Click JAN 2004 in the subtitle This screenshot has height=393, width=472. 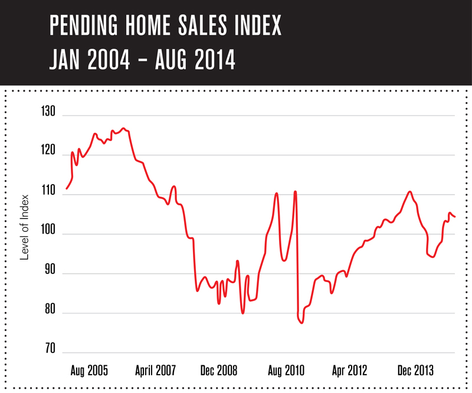coord(89,60)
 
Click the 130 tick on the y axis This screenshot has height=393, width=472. coord(48,112)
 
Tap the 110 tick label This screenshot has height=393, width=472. coord(48,194)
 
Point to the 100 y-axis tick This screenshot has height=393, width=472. coord(48,234)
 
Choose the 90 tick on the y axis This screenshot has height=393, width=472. coord(49,273)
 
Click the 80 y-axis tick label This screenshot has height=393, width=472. coord(49,313)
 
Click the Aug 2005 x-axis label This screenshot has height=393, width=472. coord(89,371)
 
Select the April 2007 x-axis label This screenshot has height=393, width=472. coord(156,371)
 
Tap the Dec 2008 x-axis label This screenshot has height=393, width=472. coord(219,371)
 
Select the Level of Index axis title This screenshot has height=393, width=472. coord(25,227)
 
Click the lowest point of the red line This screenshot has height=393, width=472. coord(301,323)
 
